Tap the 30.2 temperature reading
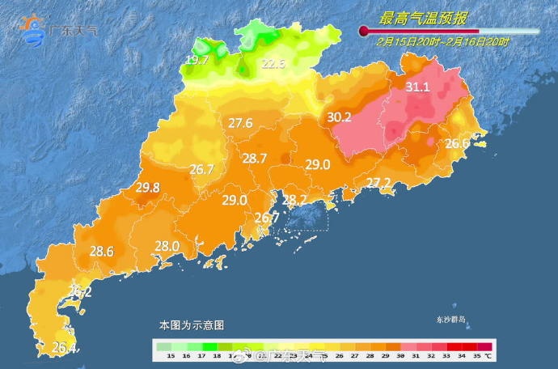point(339,117)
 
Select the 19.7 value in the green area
point(197,61)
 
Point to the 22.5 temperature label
point(273,65)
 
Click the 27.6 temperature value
point(240,124)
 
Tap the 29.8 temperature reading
point(147,188)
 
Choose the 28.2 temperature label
point(294,200)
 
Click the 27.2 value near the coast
point(378,182)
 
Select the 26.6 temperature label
point(458,144)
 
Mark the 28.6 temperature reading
point(101,252)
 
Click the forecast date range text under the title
point(443,42)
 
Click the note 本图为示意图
point(191,324)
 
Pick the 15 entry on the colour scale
point(170,355)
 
